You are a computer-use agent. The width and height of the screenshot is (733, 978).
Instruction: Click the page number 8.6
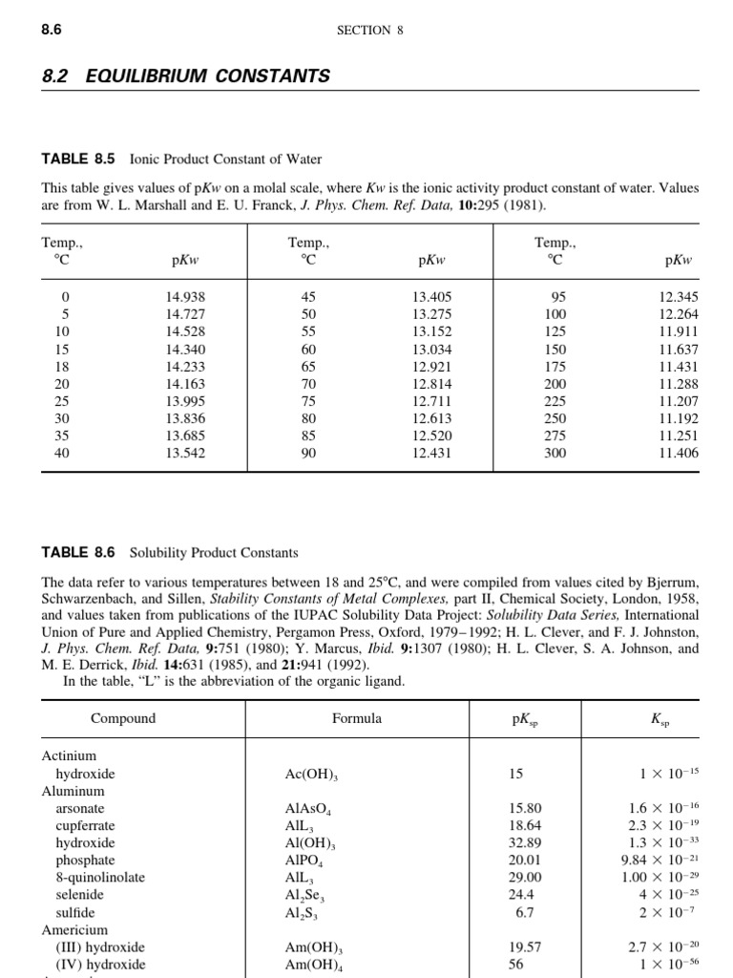pos(52,30)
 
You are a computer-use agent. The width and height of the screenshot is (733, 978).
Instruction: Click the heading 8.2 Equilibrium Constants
pos(186,76)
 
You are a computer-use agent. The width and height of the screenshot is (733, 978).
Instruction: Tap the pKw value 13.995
pos(185,401)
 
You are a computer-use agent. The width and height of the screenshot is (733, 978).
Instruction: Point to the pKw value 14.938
pos(185,298)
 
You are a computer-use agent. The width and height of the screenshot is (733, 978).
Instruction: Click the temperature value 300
pos(555,453)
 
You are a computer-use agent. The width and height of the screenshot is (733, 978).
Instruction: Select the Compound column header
pos(123,718)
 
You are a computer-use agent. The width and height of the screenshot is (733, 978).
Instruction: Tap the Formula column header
pos(357,718)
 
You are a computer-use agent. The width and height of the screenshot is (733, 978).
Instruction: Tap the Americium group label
pos(74,929)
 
